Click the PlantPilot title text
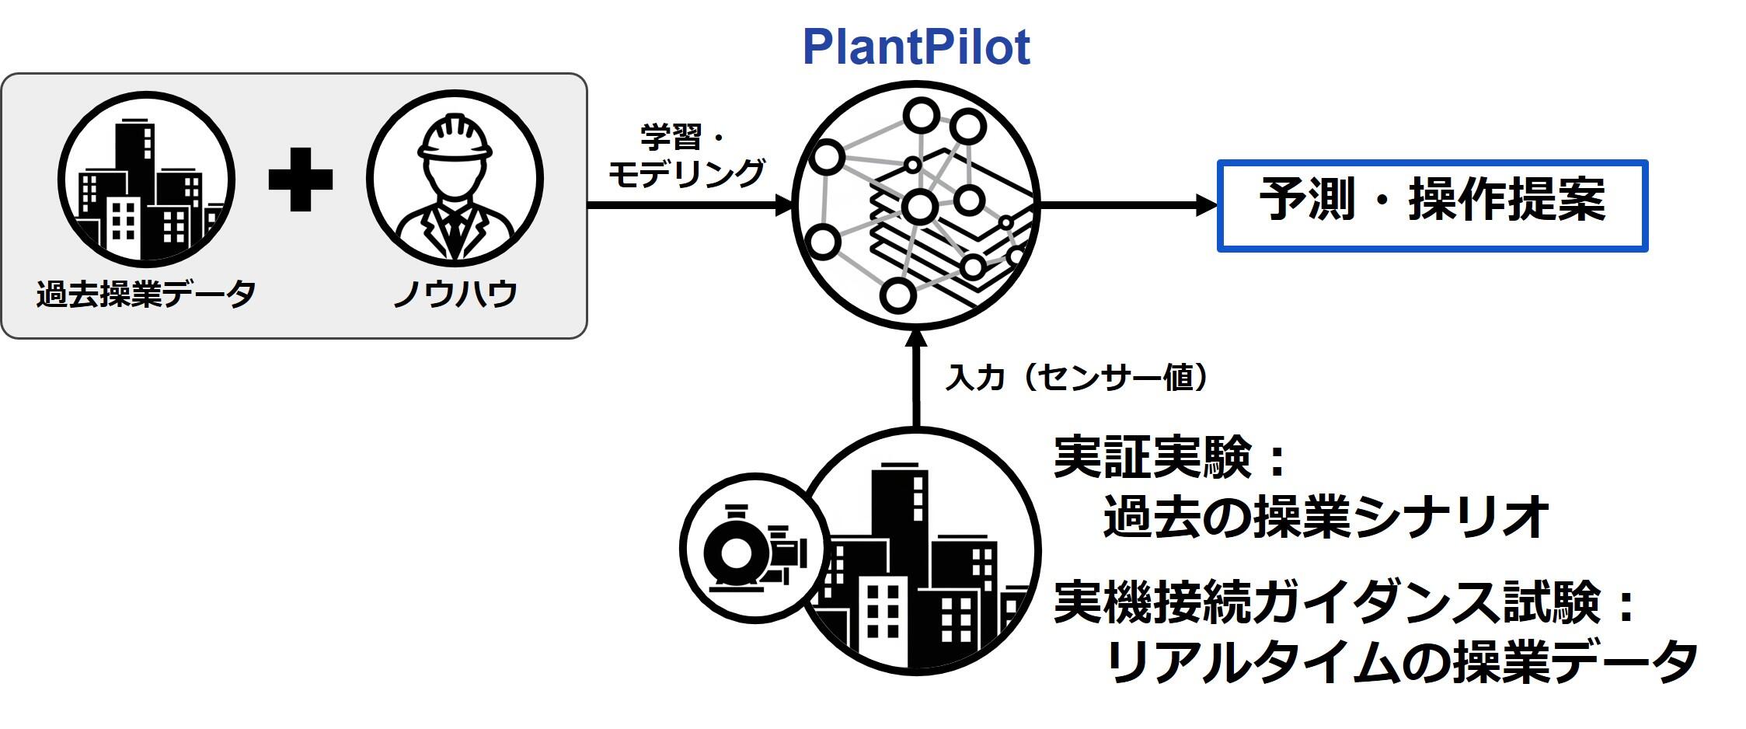(915, 47)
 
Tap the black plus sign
(300, 180)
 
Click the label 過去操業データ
(145, 295)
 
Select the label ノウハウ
(455, 295)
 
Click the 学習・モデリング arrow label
(685, 156)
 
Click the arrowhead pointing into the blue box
(1206, 205)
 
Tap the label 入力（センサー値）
(1076, 378)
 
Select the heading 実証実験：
(1169, 458)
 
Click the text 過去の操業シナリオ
(1325, 517)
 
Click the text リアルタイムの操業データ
(1399, 662)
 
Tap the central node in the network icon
(919, 207)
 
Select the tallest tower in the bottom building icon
(900, 536)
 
